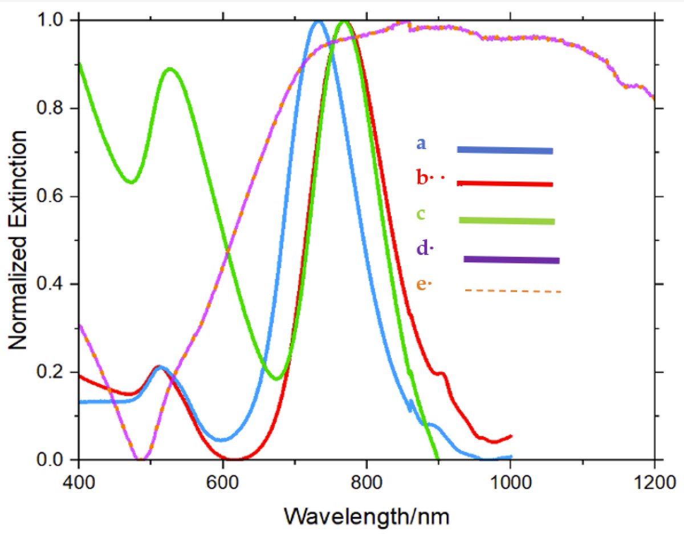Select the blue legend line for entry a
(505, 150)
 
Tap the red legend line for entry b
(505, 184)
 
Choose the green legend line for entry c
(506, 221)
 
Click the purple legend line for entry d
(511, 260)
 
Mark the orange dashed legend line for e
(513, 291)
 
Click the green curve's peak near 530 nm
(169, 69)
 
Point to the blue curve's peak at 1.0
(318, 22)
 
